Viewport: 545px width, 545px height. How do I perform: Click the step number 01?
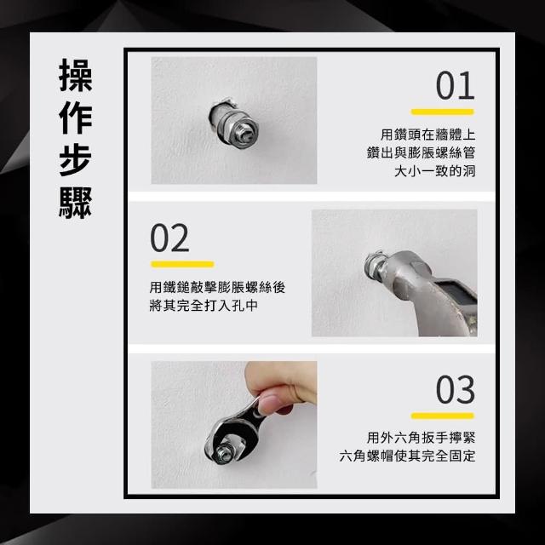(x=455, y=85)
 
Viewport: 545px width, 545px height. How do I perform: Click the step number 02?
(x=169, y=238)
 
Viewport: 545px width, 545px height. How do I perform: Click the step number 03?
(x=455, y=390)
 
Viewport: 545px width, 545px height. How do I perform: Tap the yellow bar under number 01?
(x=443, y=112)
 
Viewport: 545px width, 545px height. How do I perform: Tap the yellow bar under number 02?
(x=182, y=265)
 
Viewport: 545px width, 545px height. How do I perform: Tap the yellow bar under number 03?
(x=443, y=416)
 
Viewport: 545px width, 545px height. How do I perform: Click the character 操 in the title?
(x=76, y=75)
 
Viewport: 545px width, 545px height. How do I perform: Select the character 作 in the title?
(x=76, y=118)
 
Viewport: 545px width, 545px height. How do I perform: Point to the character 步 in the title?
(x=76, y=160)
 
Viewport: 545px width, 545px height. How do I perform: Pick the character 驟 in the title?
(x=76, y=203)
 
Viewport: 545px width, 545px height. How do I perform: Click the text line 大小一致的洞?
(x=434, y=171)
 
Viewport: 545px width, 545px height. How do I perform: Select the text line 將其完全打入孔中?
(x=204, y=306)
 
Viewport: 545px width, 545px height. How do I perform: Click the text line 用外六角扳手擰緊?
(x=421, y=438)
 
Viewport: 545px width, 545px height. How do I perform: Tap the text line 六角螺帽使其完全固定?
(x=407, y=456)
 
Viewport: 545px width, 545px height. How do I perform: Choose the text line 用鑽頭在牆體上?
(x=427, y=135)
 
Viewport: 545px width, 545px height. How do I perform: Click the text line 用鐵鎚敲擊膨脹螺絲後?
(x=217, y=288)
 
